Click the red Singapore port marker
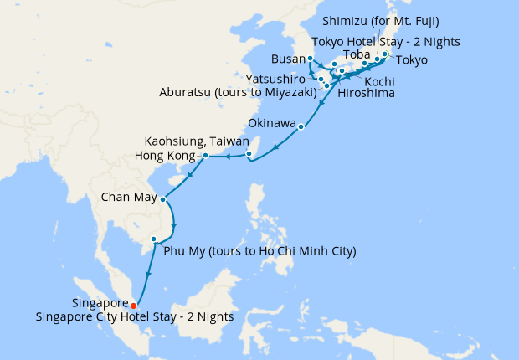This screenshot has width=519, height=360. tap(134, 306)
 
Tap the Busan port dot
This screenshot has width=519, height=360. tap(311, 59)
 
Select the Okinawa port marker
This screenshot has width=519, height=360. tap(301, 127)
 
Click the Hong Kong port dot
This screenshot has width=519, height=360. tap(205, 156)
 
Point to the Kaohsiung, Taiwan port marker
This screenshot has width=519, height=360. tap(249, 153)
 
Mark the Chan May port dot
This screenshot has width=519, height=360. tap(162, 198)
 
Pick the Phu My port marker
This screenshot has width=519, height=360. tap(153, 240)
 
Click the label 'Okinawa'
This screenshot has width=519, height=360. tap(273, 124)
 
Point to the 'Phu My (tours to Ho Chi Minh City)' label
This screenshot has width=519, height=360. tap(260, 251)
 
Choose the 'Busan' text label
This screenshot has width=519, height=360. tap(288, 59)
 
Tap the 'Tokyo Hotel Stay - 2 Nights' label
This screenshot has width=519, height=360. tap(385, 42)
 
